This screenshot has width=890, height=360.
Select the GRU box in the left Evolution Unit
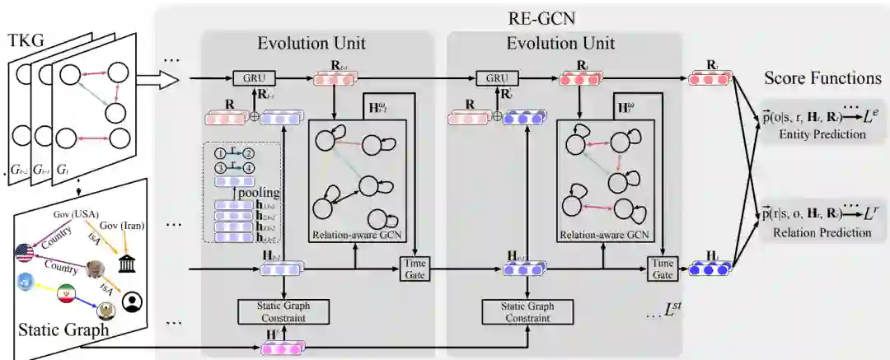pyautogui.click(x=254, y=79)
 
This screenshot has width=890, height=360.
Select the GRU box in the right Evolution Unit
pyautogui.click(x=496, y=79)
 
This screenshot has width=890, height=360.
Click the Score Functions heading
pyautogui.click(x=823, y=79)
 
